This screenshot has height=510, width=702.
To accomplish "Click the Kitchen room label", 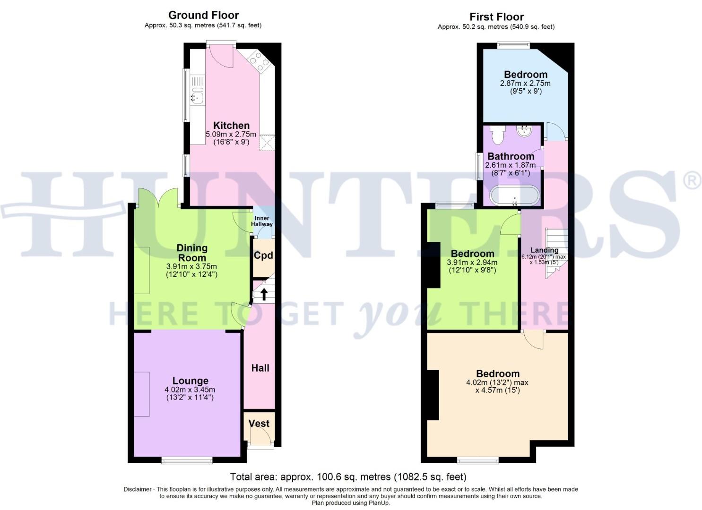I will (x=231, y=126).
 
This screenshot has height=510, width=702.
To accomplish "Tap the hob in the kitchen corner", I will (x=258, y=61).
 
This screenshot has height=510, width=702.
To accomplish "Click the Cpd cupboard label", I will (x=263, y=255).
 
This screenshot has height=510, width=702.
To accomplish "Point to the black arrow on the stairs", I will (x=264, y=294).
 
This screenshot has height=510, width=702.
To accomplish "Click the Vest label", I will (x=259, y=424).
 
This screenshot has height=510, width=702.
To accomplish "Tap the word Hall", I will (x=260, y=368).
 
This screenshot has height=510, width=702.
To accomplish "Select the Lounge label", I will (x=190, y=381).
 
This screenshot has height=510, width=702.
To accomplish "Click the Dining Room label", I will (x=192, y=253).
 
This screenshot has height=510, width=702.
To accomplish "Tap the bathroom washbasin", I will (x=525, y=130).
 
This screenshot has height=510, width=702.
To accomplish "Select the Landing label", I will (x=544, y=250).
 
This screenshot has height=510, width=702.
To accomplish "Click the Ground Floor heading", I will (x=203, y=15).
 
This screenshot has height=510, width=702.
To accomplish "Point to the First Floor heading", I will (x=496, y=17).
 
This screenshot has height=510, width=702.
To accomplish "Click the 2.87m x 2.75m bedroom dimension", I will (x=525, y=83).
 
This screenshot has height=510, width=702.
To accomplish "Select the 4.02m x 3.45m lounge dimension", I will (x=190, y=390).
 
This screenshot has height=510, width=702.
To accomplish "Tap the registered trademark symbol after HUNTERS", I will (x=692, y=181).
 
